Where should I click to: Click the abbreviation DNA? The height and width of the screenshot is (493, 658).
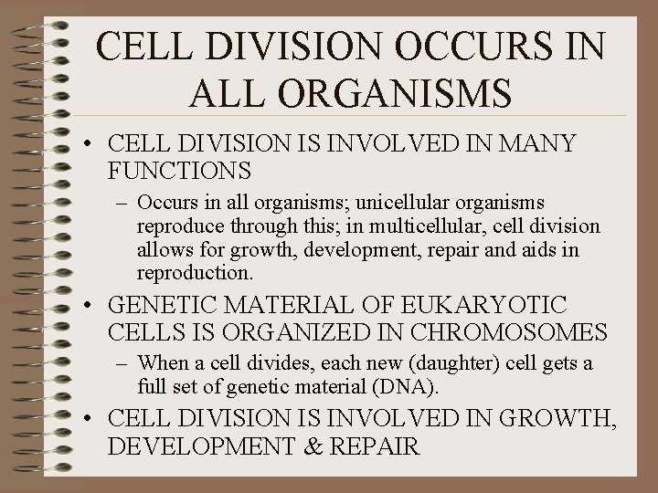click(x=410, y=387)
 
